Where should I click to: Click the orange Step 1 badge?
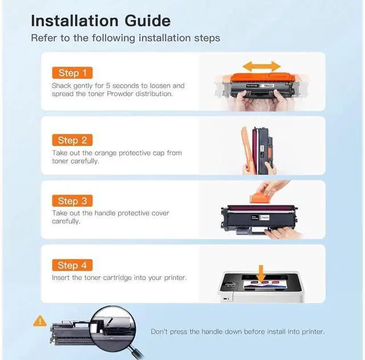coord(72,73)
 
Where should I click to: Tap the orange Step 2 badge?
coord(72,140)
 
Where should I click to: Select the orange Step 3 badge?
coord(72,201)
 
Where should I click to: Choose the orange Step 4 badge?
coord(72,265)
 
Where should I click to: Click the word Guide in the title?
coord(148,21)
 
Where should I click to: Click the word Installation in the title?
coord(75,21)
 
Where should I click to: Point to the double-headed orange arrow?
coord(262,67)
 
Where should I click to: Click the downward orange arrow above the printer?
coord(261,274)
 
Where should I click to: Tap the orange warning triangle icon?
coord(40,321)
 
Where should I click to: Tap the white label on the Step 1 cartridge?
coord(268,86)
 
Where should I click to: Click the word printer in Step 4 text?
coord(175,278)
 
